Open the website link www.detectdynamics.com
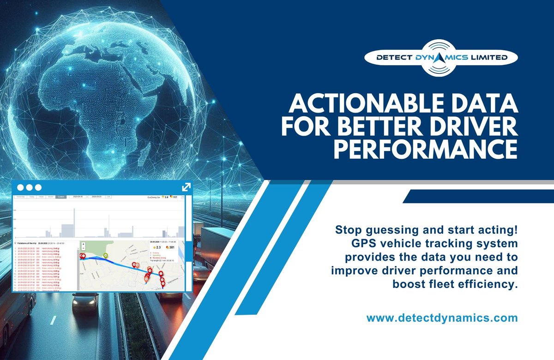pos(442,318)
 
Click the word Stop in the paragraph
pos(347,229)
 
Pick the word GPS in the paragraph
pos(366,243)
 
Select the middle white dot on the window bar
pos(29,187)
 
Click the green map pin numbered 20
pos(105,255)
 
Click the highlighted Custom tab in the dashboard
pos(61,197)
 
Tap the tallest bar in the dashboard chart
pos(73,221)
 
